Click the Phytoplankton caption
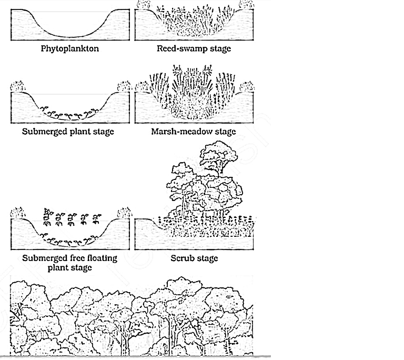[70, 48]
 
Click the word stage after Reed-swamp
[219, 49]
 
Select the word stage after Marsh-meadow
[225, 132]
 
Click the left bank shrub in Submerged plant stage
[17, 86]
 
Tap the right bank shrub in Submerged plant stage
[124, 87]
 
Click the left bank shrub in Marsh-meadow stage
[141, 87]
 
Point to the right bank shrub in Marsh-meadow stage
[247, 87]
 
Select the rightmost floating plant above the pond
[97, 218]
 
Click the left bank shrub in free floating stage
[17, 213]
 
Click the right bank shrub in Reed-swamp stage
[247, 5]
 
